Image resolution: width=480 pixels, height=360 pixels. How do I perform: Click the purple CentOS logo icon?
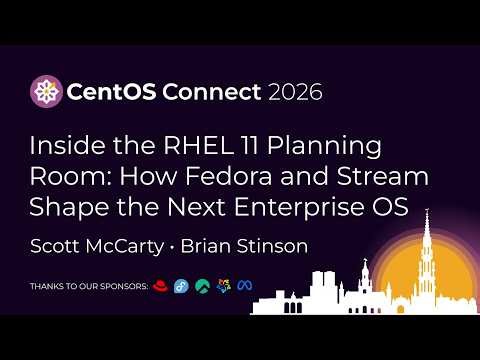point(44,92)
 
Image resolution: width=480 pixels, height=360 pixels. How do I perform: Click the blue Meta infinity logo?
point(243,286)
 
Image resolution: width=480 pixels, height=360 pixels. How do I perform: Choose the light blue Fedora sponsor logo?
point(180,286)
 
